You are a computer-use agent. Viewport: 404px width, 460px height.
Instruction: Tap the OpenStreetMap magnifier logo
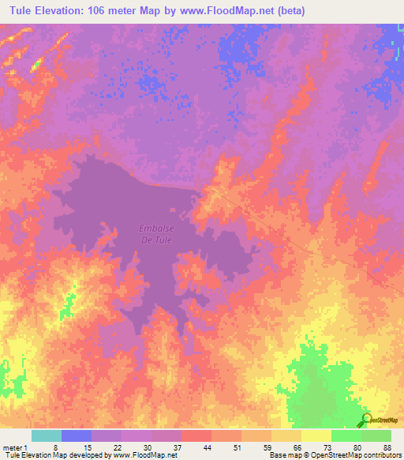click(367, 420)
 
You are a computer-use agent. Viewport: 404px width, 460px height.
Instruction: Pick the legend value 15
click(87, 447)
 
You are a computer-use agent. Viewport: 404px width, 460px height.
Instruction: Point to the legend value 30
click(148, 447)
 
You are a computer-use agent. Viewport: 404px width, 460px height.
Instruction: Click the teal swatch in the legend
click(47, 435)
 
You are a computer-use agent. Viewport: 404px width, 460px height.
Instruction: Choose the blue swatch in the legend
click(77, 435)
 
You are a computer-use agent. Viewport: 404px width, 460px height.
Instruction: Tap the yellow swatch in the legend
click(316, 435)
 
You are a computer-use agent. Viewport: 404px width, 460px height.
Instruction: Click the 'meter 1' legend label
click(14, 447)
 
